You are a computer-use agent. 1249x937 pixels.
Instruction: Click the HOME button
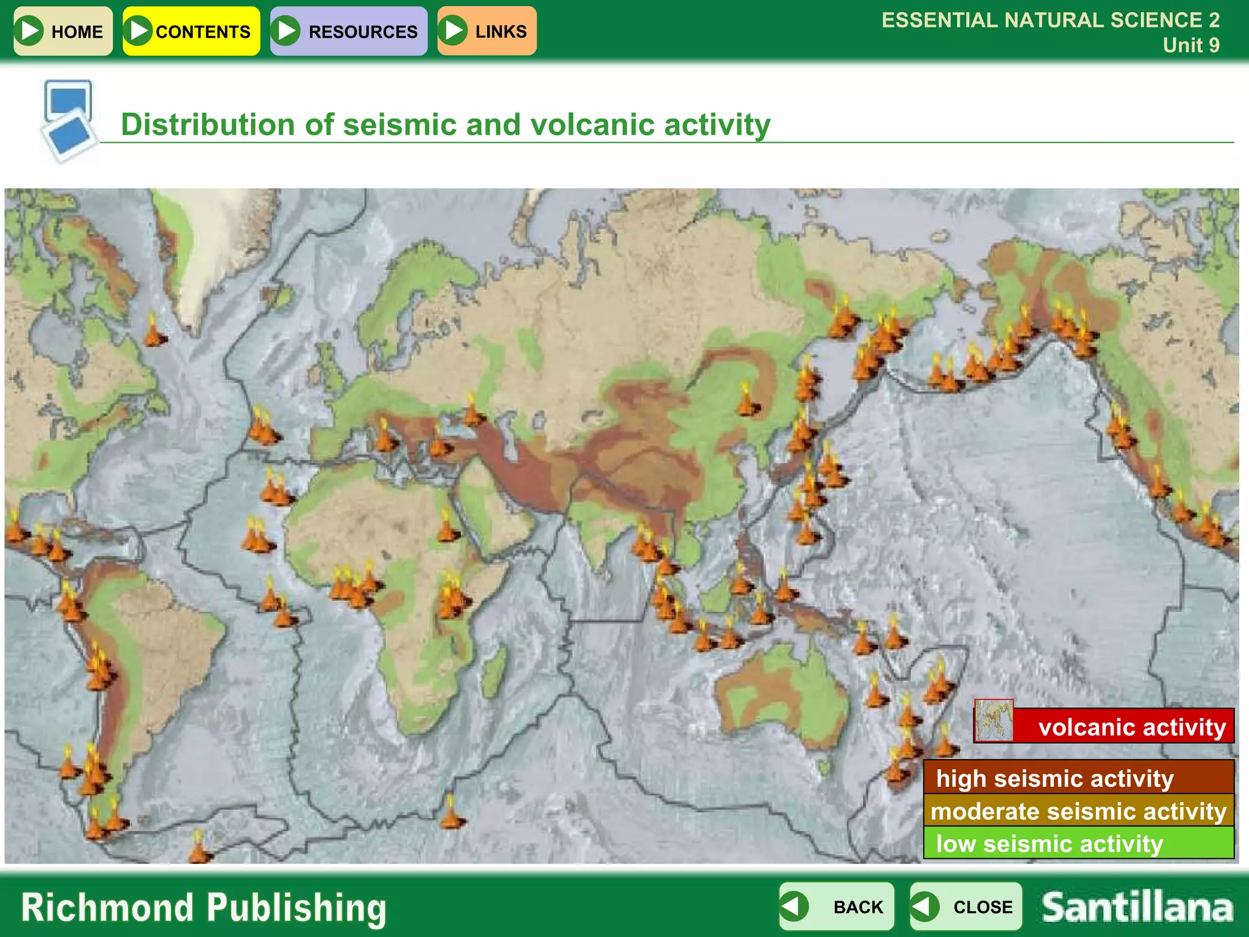[x=63, y=31]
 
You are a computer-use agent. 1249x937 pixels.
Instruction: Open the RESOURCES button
[x=349, y=31]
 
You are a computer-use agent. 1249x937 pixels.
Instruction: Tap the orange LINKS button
[x=487, y=31]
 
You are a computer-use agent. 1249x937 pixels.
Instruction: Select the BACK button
[x=837, y=906]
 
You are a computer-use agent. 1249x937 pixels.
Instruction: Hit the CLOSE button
[x=966, y=906]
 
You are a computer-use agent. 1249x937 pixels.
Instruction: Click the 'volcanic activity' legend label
[x=1131, y=727]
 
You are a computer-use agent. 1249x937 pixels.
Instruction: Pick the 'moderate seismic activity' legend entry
[x=1078, y=811]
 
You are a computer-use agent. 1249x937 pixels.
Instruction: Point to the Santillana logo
[x=1137, y=907]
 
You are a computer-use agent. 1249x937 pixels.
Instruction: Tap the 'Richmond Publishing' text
[x=204, y=907]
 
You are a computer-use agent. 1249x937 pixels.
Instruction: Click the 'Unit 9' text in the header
[x=1190, y=45]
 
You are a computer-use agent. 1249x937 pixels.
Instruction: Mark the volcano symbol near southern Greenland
[x=154, y=331]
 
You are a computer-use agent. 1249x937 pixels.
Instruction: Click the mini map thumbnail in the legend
[x=994, y=720]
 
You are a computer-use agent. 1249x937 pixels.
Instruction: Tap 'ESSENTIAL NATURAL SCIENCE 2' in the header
[x=1050, y=20]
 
